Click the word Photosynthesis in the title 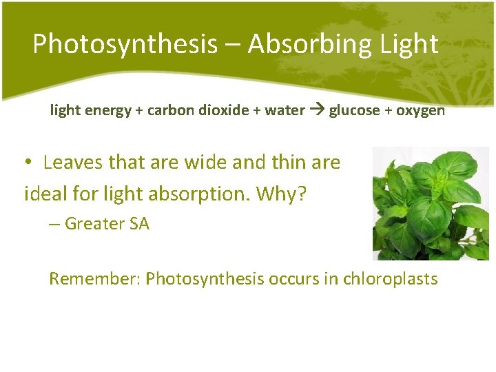[x=124, y=44]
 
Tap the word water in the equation [x=285, y=110]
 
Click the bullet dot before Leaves [x=28, y=163]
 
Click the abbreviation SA [x=138, y=224]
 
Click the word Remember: [x=94, y=279]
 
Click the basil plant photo [x=431, y=203]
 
